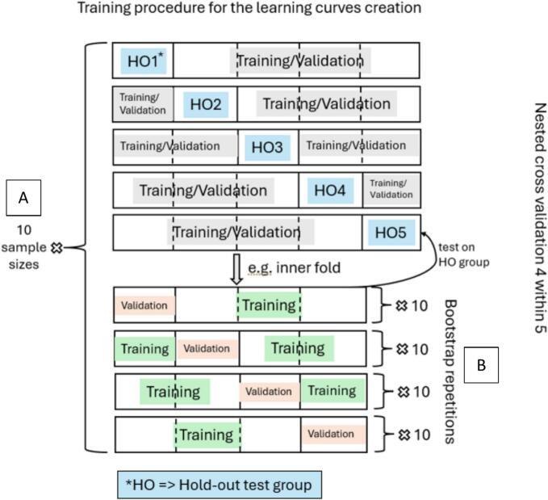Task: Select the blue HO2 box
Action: (x=206, y=103)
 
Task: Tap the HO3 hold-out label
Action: (x=266, y=146)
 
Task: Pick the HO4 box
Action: (x=329, y=190)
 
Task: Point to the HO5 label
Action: (x=391, y=233)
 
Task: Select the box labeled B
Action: (x=481, y=365)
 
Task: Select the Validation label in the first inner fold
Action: (x=144, y=305)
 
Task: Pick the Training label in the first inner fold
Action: (x=268, y=305)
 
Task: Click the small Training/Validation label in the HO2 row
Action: (x=143, y=103)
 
